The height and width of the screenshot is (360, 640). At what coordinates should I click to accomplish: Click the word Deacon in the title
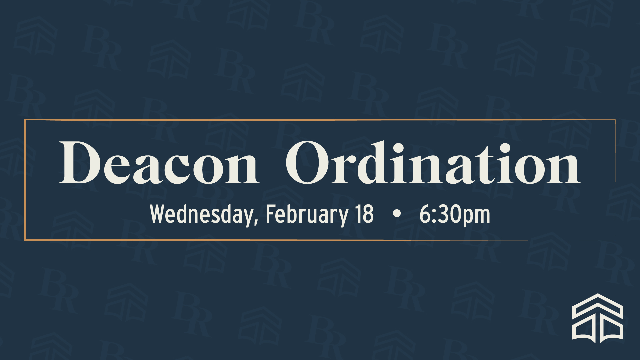point(159,162)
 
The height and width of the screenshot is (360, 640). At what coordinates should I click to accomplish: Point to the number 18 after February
point(364,214)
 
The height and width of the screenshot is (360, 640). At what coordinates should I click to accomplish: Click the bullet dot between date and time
point(397,214)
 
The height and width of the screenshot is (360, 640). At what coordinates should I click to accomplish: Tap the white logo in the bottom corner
point(598,318)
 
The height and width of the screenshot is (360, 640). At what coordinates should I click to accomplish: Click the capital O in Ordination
point(308,163)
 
